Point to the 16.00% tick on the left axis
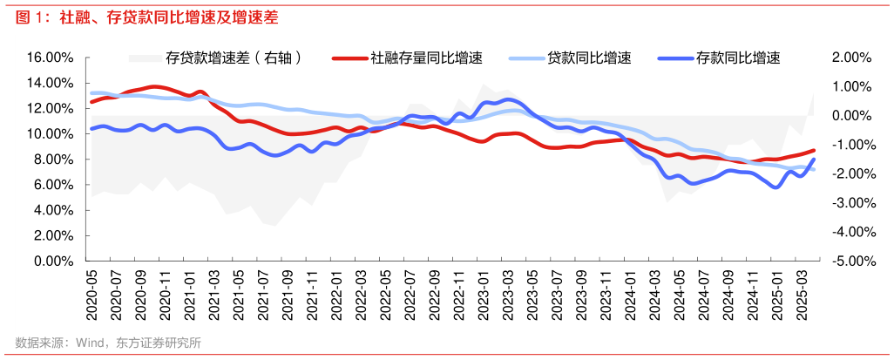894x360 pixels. (x=50, y=58)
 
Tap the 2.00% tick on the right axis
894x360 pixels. (x=851, y=58)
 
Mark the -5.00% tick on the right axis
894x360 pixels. (x=850, y=261)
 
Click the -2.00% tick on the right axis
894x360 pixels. (x=850, y=173)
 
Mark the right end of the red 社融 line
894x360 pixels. (x=814, y=150)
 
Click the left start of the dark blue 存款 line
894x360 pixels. (x=91, y=128)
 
